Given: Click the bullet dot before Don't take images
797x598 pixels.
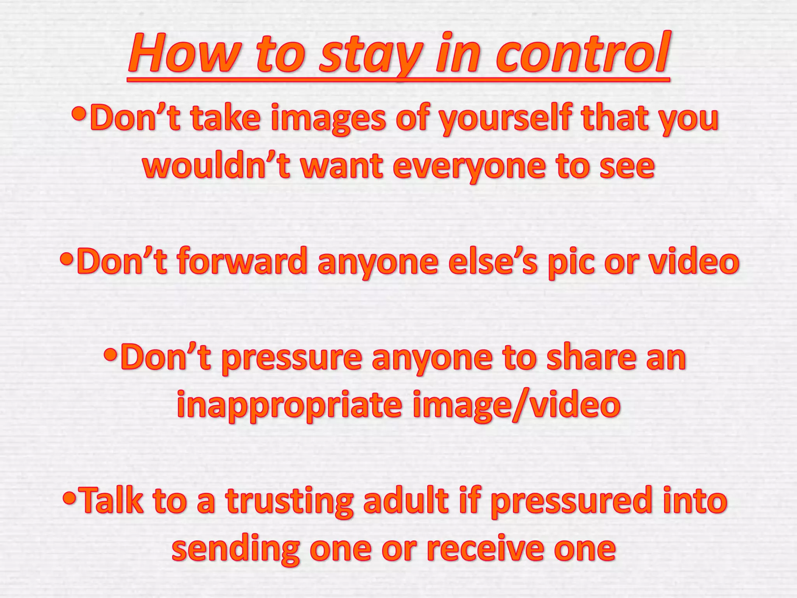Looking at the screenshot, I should click(x=79, y=115).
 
